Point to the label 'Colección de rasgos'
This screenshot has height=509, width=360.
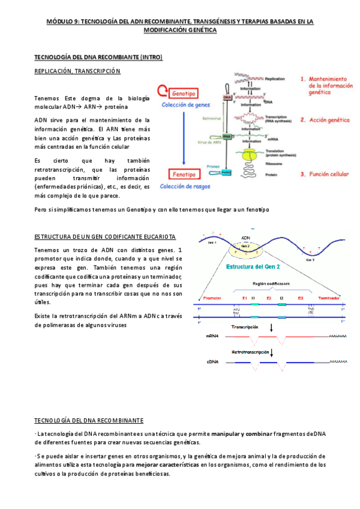[185, 187]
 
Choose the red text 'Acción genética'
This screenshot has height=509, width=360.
[329, 119]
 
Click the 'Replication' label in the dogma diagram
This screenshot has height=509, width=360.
[274, 79]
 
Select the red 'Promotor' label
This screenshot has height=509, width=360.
[213, 298]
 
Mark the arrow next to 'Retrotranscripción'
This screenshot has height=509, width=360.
[272, 352]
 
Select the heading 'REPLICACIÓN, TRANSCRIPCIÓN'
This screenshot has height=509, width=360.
[77, 71]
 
